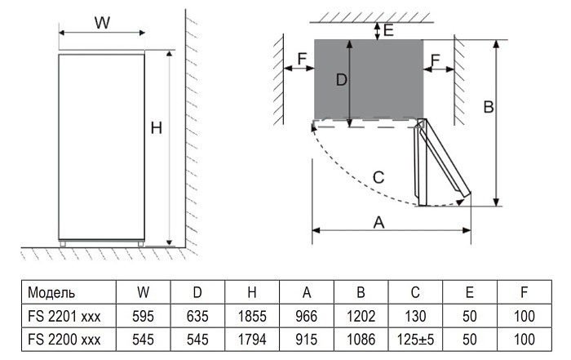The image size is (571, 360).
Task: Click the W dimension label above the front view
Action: [x=101, y=22]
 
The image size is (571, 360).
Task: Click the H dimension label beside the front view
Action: [x=157, y=127]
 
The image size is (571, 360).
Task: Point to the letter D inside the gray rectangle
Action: [x=342, y=80]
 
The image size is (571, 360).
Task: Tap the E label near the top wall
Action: [x=389, y=31]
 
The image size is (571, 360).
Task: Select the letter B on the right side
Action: [x=488, y=106]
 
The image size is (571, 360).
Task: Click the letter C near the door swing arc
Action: [x=378, y=176]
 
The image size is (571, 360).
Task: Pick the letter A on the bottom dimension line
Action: [x=378, y=220]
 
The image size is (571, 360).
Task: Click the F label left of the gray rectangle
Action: [x=301, y=59]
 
